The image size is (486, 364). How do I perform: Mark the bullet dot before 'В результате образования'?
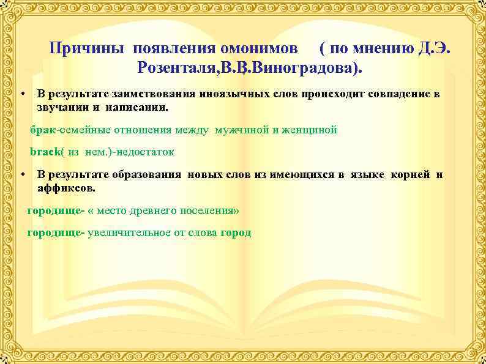(x=21, y=175)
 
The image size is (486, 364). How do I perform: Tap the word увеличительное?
(x=126, y=233)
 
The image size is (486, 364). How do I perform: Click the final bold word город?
(x=236, y=233)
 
